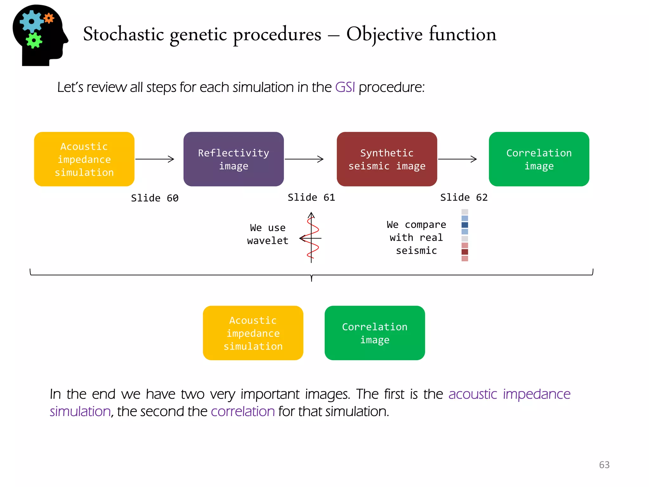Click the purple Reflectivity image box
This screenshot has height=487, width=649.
point(234,159)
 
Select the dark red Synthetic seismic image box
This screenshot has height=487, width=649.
point(387,159)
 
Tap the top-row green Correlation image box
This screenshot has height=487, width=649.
point(539,159)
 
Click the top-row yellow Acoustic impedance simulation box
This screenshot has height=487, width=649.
point(84,159)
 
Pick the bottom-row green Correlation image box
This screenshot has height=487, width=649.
point(375,333)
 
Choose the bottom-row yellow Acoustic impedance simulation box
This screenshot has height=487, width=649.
point(253,333)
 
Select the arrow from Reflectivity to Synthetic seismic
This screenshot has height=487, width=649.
point(304,159)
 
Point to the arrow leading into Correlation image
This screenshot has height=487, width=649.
point(457,159)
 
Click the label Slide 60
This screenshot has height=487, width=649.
point(155,198)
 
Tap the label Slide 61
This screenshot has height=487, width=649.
point(311,198)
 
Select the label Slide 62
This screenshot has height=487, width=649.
point(464,198)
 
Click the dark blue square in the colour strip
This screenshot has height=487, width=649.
point(465,225)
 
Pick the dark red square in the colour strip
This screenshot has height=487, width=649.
point(465,252)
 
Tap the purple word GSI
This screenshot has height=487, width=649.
point(345,87)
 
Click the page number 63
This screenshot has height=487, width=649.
point(604,465)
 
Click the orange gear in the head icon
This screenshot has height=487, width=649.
point(49,18)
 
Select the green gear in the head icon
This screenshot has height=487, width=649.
point(34,40)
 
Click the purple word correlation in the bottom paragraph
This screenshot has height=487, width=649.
point(243,412)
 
